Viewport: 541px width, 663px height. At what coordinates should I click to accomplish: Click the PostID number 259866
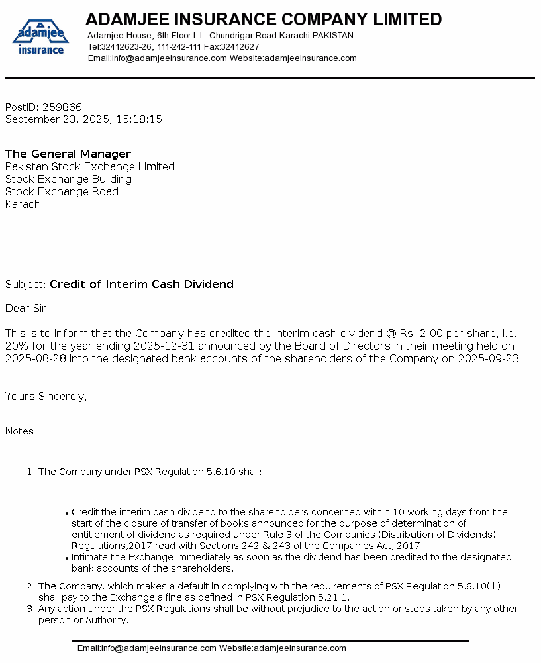62,107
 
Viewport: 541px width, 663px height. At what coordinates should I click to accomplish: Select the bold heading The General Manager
68,154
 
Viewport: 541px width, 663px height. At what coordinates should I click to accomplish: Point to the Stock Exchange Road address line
62,192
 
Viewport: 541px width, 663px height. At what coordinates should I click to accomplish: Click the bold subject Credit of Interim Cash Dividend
142,285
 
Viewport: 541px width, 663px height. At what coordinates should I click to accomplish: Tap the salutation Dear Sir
26,308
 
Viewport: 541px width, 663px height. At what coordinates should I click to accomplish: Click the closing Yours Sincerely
46,397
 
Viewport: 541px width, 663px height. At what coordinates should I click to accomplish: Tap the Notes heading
19,431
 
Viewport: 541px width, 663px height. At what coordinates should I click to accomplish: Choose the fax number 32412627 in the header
240,47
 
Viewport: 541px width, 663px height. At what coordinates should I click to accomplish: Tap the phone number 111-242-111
179,47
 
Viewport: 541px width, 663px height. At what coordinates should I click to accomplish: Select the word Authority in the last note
105,620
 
